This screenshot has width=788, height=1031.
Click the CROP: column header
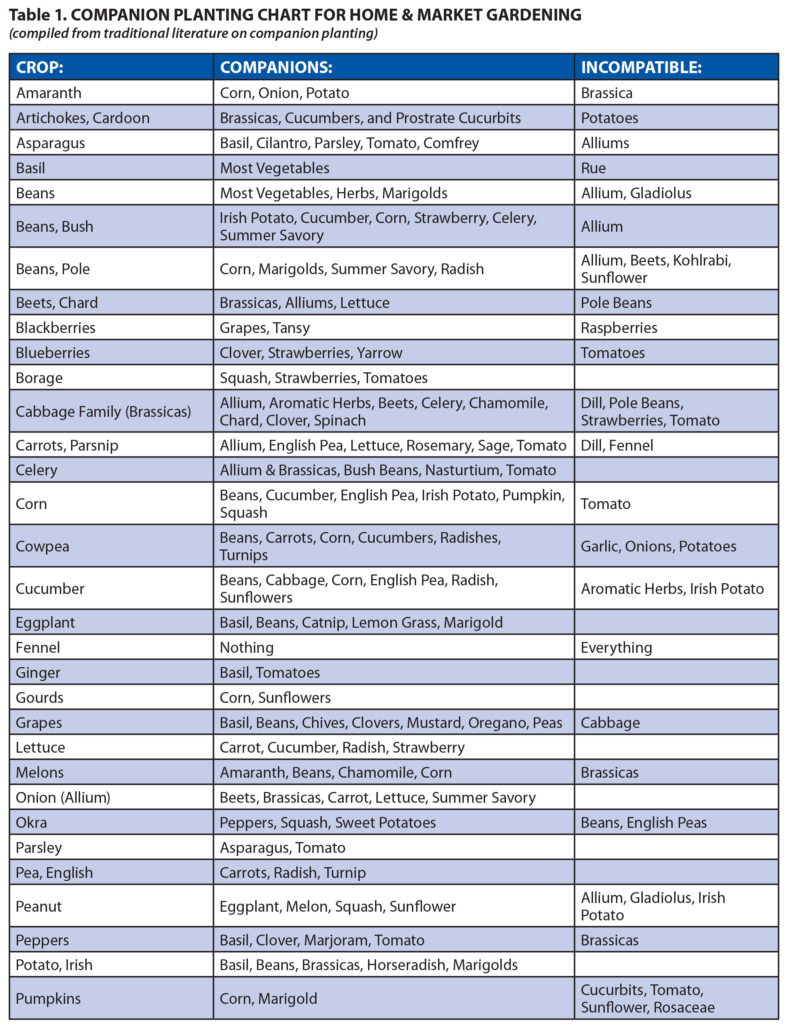point(40,67)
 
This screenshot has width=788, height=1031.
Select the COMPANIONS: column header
point(276,67)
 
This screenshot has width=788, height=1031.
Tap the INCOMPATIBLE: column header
point(641,67)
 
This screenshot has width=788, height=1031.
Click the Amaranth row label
point(49,93)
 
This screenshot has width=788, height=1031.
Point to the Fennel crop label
point(38,647)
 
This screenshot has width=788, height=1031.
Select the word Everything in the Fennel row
point(616,647)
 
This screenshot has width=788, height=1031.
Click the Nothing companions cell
point(247,647)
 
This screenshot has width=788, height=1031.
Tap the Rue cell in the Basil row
point(593,168)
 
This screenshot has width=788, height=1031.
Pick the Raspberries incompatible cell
point(619,327)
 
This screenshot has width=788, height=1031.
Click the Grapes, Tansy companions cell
point(265,327)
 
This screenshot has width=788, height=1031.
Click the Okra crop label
point(31,823)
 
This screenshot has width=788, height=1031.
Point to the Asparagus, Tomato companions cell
point(282,847)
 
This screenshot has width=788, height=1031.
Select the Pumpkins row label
point(48,998)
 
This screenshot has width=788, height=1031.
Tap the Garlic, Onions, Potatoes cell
point(658,546)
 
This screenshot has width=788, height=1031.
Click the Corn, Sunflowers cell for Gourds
point(275,697)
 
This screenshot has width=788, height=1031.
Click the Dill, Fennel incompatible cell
point(617,445)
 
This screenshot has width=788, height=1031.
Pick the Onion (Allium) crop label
point(63,797)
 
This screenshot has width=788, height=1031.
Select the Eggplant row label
point(46,622)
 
